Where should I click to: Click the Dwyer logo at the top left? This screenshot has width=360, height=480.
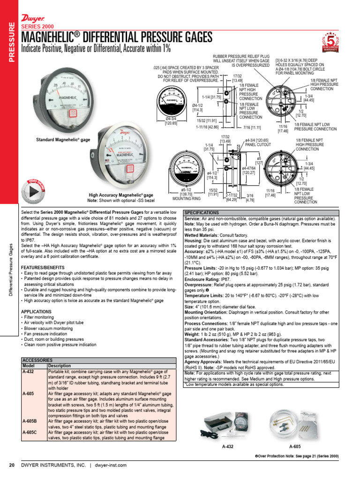[x=30, y=18]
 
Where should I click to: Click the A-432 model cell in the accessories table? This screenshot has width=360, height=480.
[x=28, y=371]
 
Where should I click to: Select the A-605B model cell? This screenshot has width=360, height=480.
[x=29, y=421]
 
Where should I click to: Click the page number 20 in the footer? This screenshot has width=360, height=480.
[x=12, y=465]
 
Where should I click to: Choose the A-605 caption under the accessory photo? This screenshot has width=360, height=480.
[x=295, y=447]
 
